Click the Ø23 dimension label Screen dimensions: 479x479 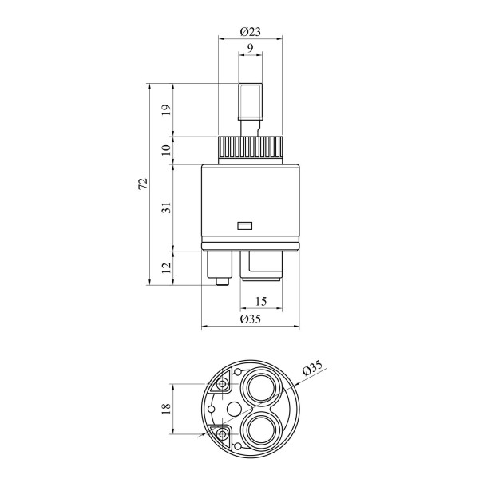point(250,31)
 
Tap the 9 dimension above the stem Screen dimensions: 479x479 point(250,48)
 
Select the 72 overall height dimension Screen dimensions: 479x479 point(143,184)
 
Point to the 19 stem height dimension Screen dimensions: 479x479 point(167,109)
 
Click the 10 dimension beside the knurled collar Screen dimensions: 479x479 point(167,150)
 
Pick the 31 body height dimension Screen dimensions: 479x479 point(167,208)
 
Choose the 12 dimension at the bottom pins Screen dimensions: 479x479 point(167,268)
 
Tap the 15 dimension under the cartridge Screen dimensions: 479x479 point(260,302)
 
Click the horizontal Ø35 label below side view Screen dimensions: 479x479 point(250,319)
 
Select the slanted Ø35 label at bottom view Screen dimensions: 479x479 point(312,367)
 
